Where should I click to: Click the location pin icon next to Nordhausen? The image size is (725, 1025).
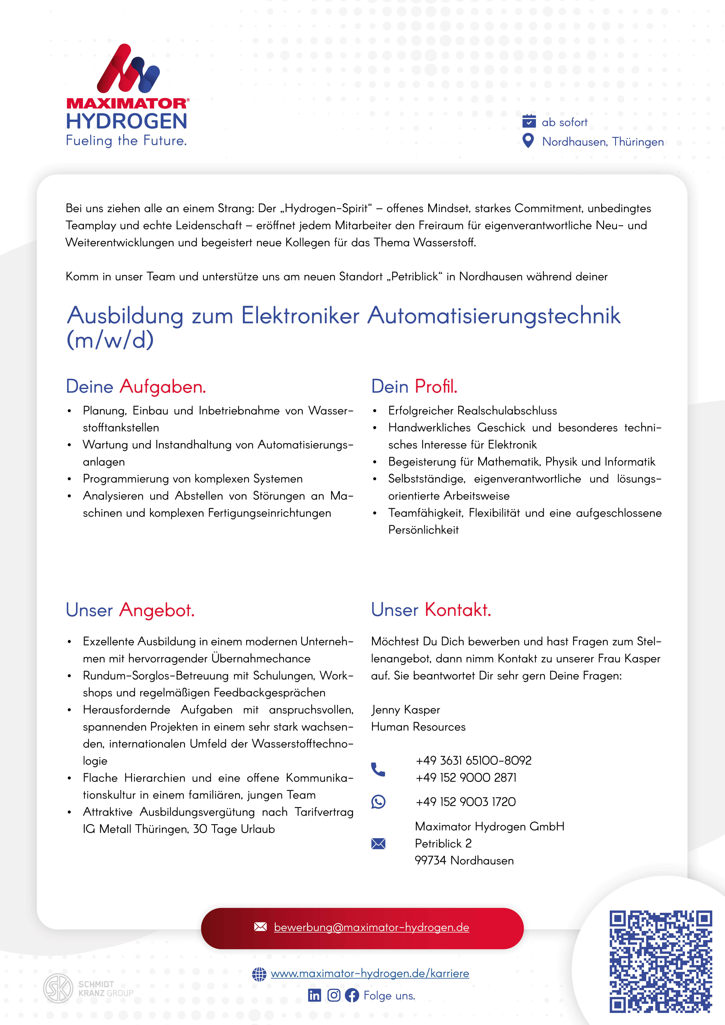tap(528, 141)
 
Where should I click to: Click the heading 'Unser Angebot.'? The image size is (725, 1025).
tap(130, 610)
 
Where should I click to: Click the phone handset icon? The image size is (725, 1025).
tap(378, 769)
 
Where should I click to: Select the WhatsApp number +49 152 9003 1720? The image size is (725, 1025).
tap(465, 802)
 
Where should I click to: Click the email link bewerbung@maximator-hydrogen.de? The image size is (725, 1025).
tap(371, 927)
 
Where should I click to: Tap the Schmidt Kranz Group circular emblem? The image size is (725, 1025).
tap(58, 988)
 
